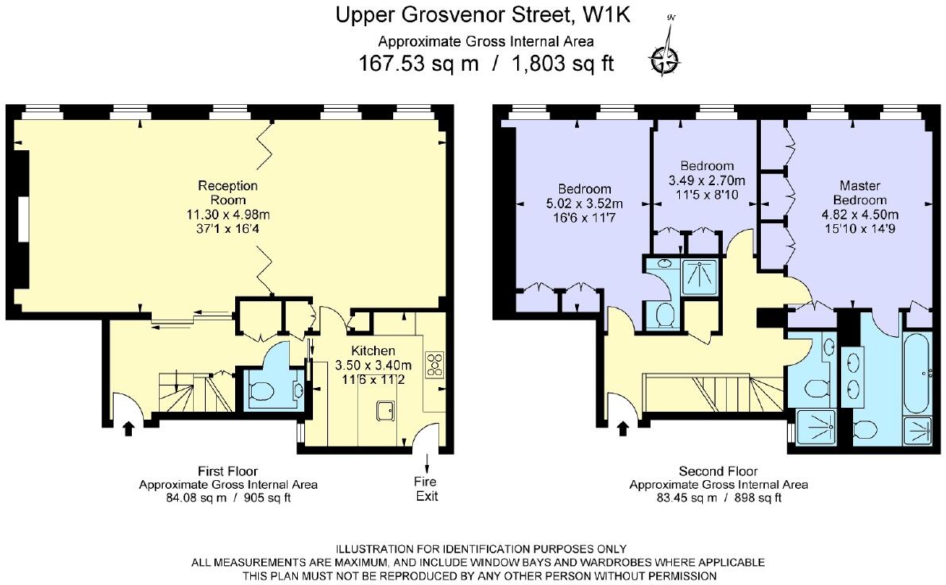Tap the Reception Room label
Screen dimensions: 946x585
tap(228, 192)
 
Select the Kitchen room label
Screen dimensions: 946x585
tap(373, 351)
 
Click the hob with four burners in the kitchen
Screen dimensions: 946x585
tap(434, 365)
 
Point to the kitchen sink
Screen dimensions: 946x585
tap(385, 411)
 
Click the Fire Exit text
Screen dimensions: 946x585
tap(427, 489)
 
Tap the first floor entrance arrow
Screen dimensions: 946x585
tap(128, 428)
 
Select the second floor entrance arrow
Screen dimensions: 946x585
tap(623, 428)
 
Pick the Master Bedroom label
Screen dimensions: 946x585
tap(859, 192)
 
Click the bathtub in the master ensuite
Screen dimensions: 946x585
tap(917, 373)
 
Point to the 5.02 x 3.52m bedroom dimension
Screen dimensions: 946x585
tap(584, 203)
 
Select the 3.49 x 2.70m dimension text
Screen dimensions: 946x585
tap(706, 180)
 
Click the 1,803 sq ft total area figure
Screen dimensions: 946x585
tap(563, 64)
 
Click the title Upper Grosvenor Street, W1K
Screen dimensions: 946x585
tap(483, 14)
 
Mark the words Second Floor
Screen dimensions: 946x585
tap(718, 471)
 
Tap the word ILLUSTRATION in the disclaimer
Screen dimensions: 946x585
tap(375, 548)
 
